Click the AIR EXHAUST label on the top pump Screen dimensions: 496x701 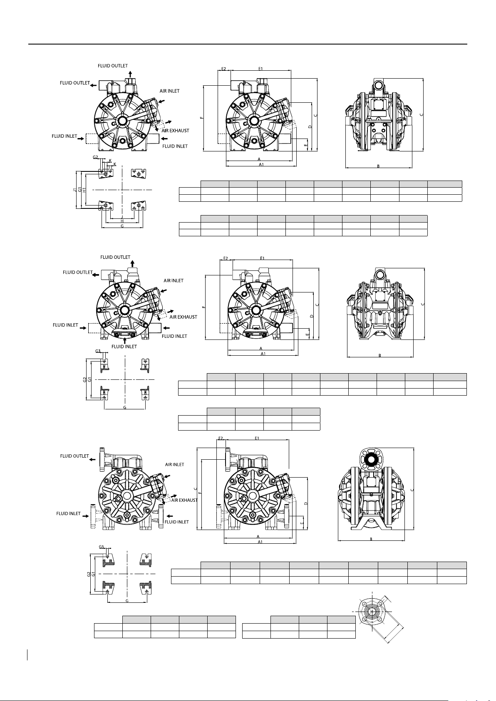click(175, 131)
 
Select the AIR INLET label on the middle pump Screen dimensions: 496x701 click(174, 280)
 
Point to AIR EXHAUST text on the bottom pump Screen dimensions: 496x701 click(184, 500)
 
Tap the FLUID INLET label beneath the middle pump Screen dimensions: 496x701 click(124, 347)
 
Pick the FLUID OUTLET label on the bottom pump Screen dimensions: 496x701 click(74, 456)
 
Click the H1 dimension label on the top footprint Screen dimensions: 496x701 click(84, 190)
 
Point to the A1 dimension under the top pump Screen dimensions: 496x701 click(261, 164)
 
